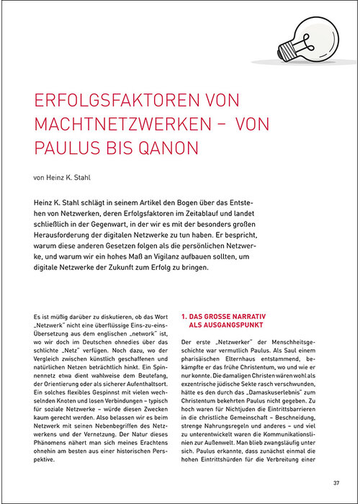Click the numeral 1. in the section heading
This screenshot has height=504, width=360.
click(184, 315)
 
